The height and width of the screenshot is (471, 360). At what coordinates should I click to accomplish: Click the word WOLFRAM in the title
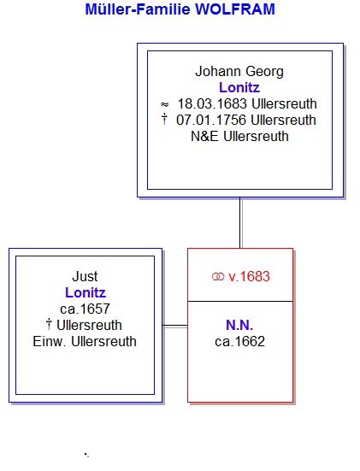[235, 9]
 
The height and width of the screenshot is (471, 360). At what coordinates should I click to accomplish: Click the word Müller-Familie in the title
[138, 9]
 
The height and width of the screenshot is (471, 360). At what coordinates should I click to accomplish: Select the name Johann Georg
[239, 72]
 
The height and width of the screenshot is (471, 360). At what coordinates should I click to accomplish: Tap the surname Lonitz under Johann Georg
[239, 88]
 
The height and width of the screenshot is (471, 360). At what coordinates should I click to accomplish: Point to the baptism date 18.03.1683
[212, 104]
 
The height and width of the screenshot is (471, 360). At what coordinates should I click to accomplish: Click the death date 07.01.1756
[211, 121]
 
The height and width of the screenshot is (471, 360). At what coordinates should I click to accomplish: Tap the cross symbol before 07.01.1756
[164, 120]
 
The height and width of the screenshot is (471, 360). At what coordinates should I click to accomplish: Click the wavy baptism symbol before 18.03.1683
[165, 104]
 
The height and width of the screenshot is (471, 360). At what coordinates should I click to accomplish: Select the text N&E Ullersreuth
[239, 137]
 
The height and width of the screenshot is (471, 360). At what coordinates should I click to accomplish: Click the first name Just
[85, 277]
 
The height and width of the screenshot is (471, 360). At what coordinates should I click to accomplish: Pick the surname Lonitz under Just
[86, 293]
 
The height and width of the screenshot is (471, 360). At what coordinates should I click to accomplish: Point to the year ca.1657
[85, 309]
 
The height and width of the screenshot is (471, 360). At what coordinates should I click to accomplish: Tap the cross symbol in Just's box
[49, 325]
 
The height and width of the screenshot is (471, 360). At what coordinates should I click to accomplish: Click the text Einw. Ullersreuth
[85, 342]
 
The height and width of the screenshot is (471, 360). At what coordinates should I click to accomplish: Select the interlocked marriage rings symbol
[218, 277]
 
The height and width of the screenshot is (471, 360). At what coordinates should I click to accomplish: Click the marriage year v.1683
[249, 277]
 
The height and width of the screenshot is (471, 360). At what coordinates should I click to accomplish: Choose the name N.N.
[239, 326]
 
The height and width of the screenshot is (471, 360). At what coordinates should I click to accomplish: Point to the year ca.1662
[239, 342]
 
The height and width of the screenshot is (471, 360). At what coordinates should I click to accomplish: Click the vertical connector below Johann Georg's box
[240, 223]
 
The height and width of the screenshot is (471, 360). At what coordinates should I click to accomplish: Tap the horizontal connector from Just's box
[175, 326]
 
